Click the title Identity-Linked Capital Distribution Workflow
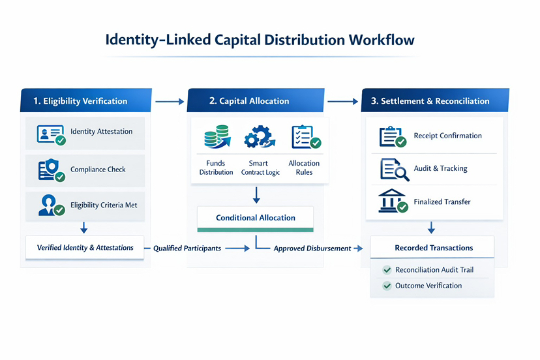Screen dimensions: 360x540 coord(260,40)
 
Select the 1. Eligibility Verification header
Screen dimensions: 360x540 coord(80,101)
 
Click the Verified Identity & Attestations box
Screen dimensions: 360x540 coord(85,248)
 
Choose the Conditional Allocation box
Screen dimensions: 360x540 coord(255,218)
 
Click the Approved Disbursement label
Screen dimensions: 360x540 coord(312,248)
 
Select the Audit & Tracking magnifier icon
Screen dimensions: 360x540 coord(393,170)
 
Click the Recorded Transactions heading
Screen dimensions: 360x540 coord(434,248)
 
